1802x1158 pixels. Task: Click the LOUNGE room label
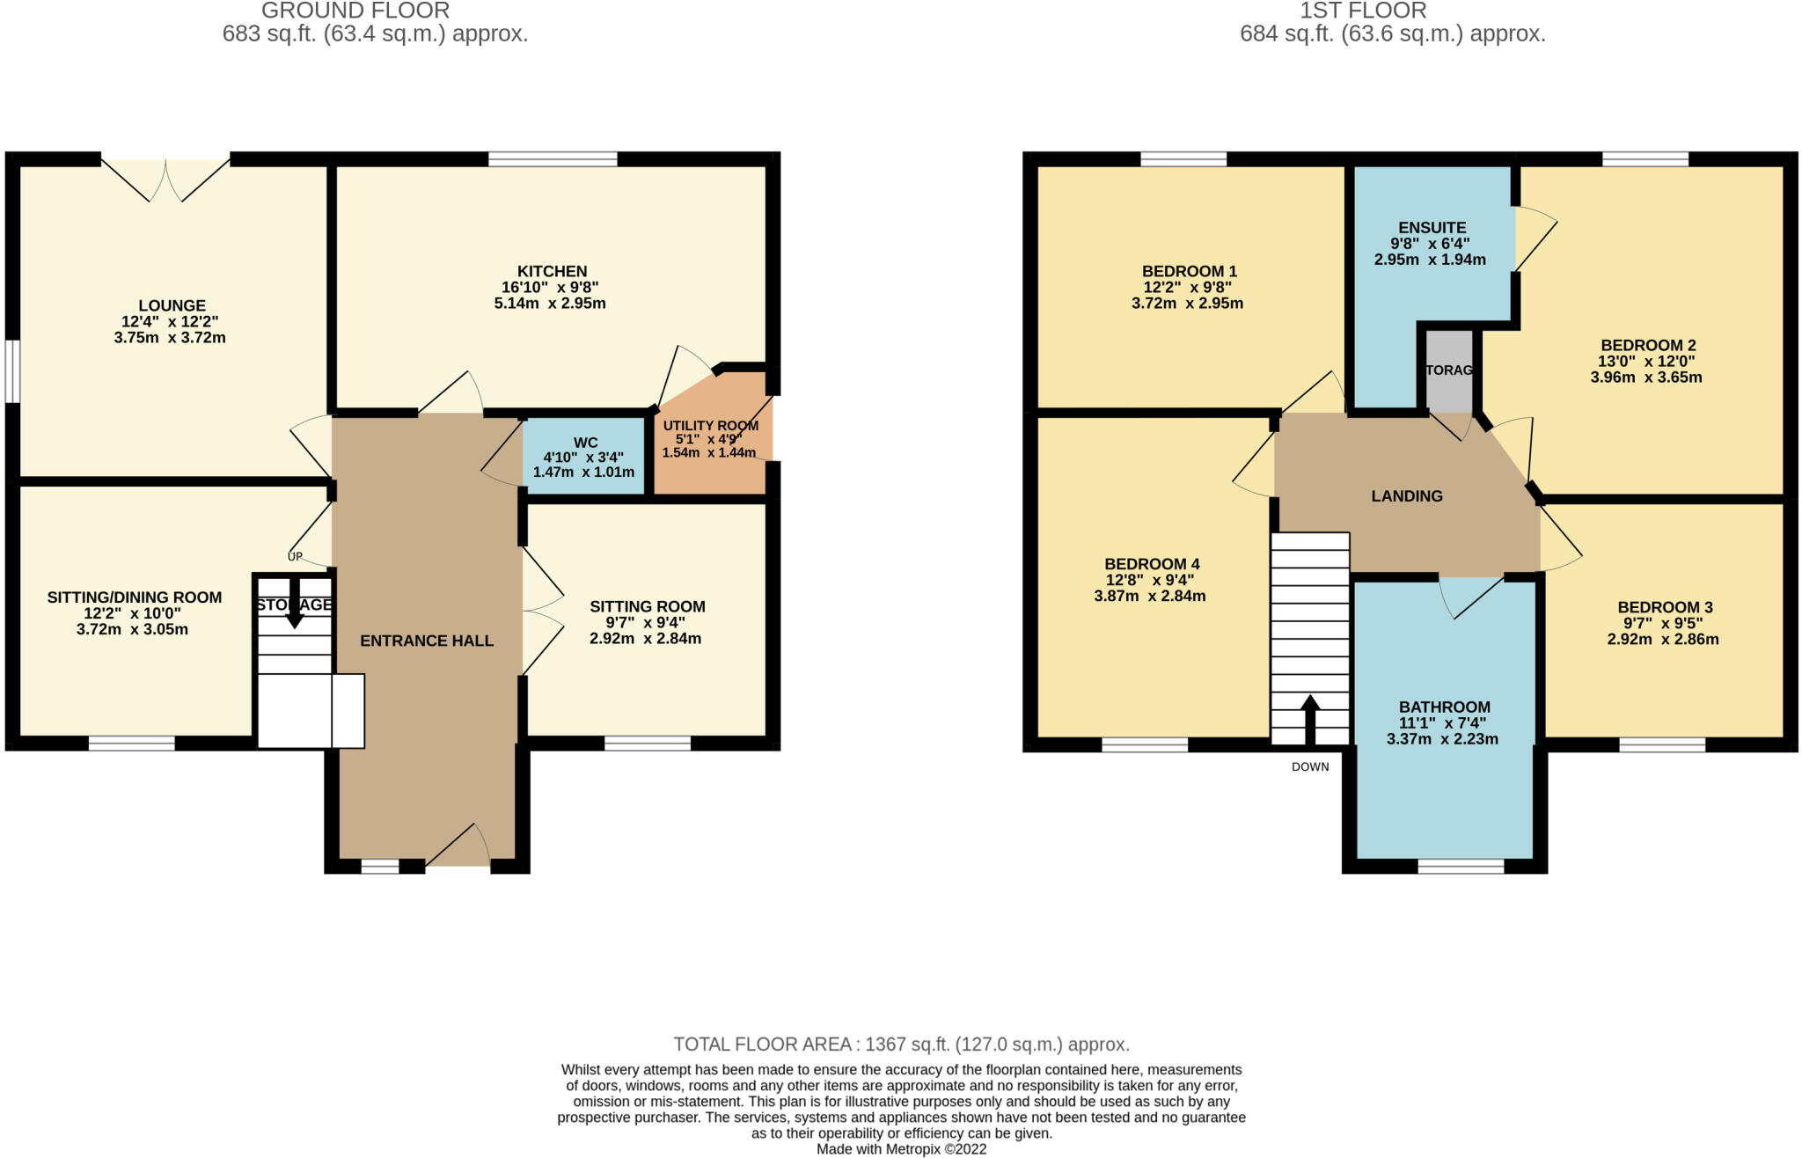coord(172,306)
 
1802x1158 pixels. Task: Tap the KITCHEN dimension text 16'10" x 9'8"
coord(553,288)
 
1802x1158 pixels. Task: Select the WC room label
coord(585,443)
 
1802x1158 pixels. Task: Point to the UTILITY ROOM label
coord(710,426)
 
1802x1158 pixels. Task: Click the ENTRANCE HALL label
coord(427,641)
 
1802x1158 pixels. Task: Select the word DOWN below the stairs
coord(1310,767)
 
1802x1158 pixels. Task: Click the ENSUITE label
coord(1432,228)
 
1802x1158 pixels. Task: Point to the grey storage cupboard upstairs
coord(1448,370)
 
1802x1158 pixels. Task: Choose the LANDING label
coord(1407,496)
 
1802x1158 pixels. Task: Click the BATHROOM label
coord(1444,707)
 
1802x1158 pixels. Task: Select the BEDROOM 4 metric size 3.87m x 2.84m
coord(1149,597)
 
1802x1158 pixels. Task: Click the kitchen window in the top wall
coord(553,159)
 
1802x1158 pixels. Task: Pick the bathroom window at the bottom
coord(1461,867)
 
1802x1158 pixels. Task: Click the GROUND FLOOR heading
coord(355,11)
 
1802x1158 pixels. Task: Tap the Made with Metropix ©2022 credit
coord(901,1149)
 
